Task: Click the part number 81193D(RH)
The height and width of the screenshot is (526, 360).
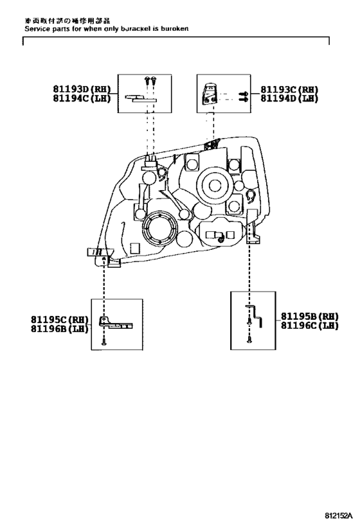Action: point(82,89)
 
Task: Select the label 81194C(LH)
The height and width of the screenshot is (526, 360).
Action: point(82,98)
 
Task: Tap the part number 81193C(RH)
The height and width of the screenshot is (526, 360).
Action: point(290,89)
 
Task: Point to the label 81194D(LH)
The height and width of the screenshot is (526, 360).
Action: point(290,98)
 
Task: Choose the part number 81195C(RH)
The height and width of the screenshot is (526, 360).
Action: point(60,319)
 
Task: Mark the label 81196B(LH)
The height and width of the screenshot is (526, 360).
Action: point(60,328)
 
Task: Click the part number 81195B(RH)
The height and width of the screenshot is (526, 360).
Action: point(309,316)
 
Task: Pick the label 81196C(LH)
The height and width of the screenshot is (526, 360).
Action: point(309,326)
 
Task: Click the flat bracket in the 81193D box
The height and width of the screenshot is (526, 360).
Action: point(142,98)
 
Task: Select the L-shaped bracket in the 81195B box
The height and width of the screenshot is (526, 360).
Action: point(258,315)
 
